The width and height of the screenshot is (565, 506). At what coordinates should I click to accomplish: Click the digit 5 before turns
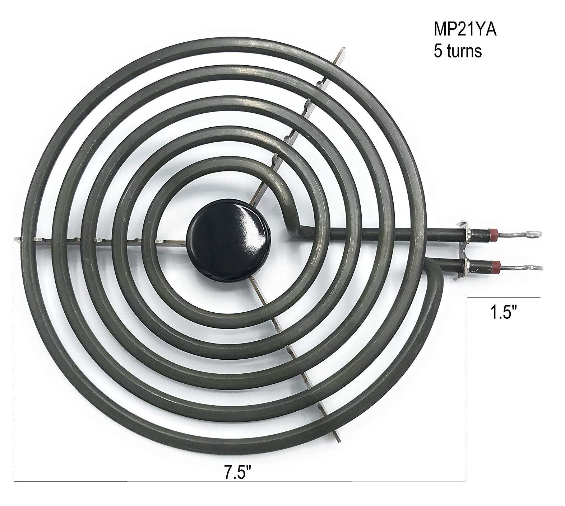coord(438,52)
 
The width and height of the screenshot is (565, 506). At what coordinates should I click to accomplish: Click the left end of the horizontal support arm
coord(18,238)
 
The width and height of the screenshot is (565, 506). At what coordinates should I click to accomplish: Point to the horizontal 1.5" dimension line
coord(503,297)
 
